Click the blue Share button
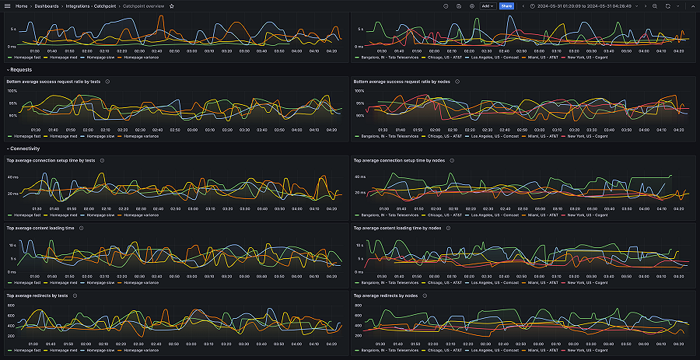(x=506, y=5)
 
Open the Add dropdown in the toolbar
(x=487, y=5)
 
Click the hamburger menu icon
(x=7, y=5)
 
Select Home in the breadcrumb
(x=22, y=5)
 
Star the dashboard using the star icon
(x=171, y=5)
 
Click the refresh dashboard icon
(x=667, y=5)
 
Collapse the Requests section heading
(x=20, y=69)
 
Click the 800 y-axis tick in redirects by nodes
(x=359, y=306)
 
